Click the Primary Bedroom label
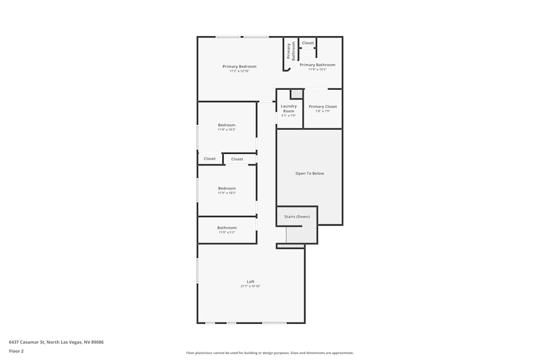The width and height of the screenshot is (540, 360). [239, 66]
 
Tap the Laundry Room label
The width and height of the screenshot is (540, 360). [289, 108]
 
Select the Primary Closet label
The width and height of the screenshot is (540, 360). [323, 107]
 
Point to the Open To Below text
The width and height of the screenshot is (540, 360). [310, 173]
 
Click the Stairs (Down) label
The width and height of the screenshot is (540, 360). [297, 216]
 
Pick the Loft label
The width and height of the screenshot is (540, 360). [251, 282]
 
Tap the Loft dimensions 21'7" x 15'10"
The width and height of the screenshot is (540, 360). [251, 286]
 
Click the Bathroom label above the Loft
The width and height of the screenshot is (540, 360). [227, 228]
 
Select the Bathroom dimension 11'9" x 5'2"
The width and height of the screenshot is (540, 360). [227, 232]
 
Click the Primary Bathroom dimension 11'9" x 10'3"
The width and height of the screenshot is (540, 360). [318, 69]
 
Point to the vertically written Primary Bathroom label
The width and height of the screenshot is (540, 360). [291, 51]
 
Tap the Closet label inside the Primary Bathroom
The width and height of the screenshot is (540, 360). [308, 43]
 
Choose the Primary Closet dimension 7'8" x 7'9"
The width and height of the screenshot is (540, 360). [323, 111]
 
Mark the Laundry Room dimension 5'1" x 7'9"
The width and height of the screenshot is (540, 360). [289, 116]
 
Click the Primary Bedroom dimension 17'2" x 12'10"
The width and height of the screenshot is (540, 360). [239, 71]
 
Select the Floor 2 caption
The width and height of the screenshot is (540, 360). [16, 351]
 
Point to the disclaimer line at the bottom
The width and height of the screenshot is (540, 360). [270, 353]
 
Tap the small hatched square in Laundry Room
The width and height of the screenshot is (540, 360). [296, 94]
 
